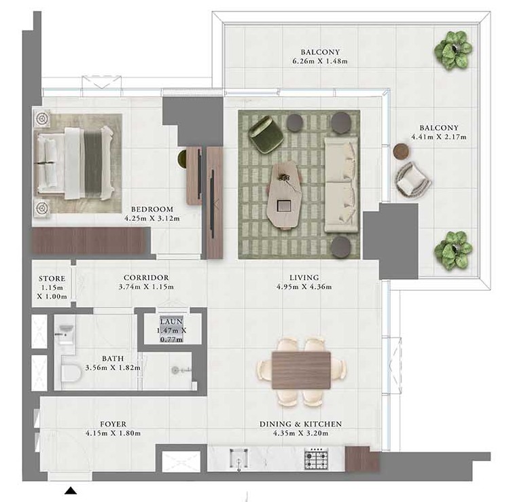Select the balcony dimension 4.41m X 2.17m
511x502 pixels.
(x=438, y=137)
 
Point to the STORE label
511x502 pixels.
(x=52, y=279)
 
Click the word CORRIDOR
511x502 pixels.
(x=146, y=278)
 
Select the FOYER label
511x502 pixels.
(x=111, y=424)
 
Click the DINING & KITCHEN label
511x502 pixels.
(x=300, y=424)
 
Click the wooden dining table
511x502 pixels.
(x=301, y=370)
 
